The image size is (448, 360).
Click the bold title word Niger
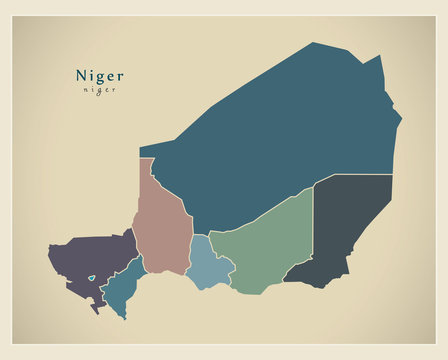[x=99, y=75]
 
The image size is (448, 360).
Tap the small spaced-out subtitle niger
[x=99, y=90]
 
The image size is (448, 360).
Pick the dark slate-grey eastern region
[x=350, y=225]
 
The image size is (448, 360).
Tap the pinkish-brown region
[x=162, y=225]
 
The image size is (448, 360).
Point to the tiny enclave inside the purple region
[x=91, y=279]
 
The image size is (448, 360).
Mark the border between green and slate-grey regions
[x=314, y=230]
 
